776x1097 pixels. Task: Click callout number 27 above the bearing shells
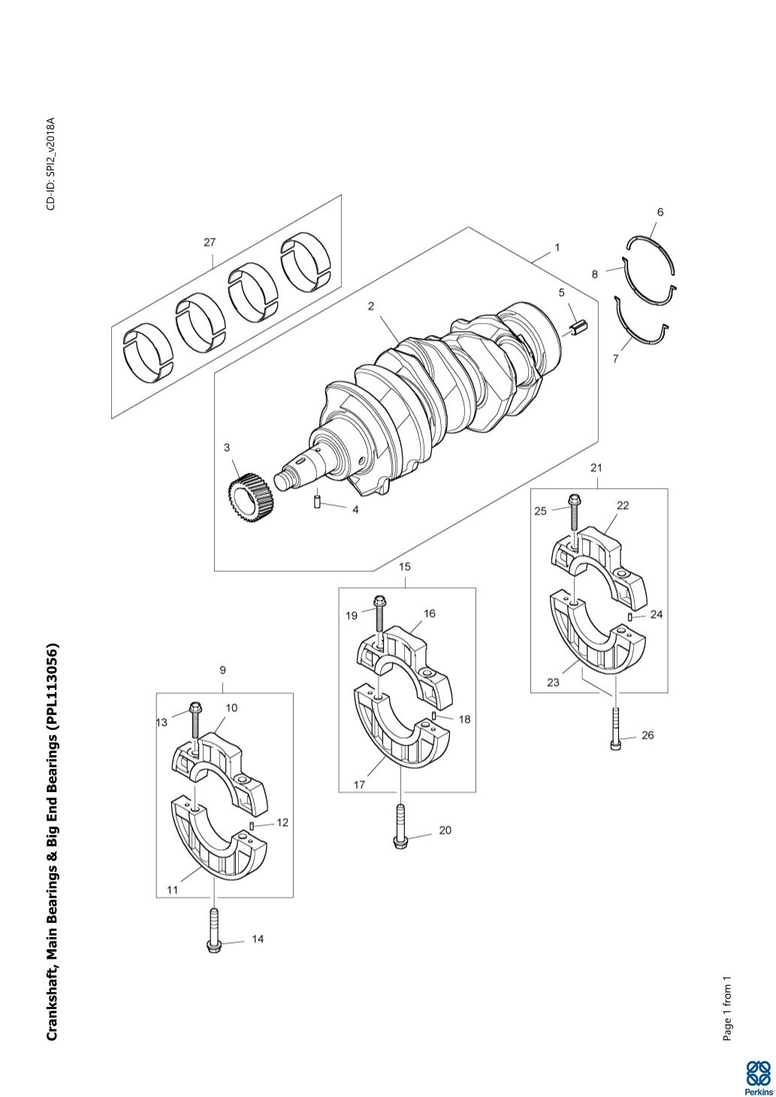pyautogui.click(x=210, y=242)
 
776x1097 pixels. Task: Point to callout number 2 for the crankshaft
pyautogui.click(x=371, y=306)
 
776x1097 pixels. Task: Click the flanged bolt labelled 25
pyautogui.click(x=574, y=514)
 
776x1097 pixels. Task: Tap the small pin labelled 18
pyautogui.click(x=434, y=716)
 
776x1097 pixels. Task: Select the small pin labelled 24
pyautogui.click(x=630, y=616)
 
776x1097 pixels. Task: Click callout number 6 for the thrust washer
pyautogui.click(x=660, y=212)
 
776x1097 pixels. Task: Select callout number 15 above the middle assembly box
pyautogui.click(x=405, y=567)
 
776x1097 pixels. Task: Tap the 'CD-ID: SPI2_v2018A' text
pyautogui.click(x=51, y=164)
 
